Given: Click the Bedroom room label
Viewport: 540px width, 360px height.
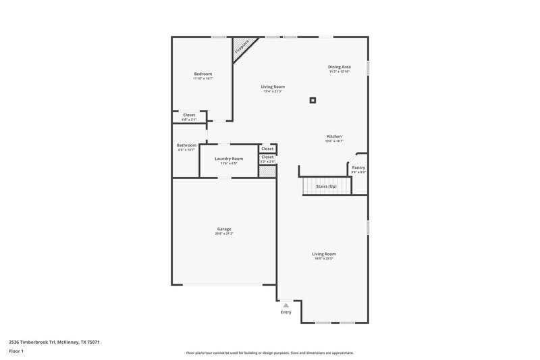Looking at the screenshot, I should [x=203, y=74].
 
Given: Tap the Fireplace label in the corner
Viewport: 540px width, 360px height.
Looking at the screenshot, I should [x=241, y=47].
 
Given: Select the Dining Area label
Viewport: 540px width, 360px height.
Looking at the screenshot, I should [x=340, y=67].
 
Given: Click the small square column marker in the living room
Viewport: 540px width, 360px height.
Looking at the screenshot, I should [x=313, y=101].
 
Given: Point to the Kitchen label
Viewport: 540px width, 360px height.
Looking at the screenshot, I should [x=334, y=136].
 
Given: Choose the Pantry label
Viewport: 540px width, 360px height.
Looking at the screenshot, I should [x=358, y=167].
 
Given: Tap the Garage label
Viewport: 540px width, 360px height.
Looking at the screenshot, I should [x=223, y=229].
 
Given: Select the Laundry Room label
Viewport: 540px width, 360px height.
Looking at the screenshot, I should [x=229, y=159].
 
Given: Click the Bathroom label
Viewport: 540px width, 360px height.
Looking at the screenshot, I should [x=186, y=145].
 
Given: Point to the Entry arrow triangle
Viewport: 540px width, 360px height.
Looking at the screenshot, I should [x=286, y=305].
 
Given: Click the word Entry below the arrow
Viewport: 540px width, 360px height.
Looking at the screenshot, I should [x=286, y=312].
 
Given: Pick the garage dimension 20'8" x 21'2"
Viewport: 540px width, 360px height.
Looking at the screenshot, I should [x=223, y=234].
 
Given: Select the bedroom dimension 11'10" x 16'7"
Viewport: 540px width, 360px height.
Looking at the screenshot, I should [x=203, y=78].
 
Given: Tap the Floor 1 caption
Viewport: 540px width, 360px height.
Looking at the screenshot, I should [x=16, y=351].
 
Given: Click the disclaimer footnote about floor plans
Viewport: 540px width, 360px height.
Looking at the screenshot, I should [x=269, y=353].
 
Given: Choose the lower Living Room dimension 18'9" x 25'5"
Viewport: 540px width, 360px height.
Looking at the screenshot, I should [x=324, y=259].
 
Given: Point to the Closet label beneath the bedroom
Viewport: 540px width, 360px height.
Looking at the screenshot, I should [x=189, y=115].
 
